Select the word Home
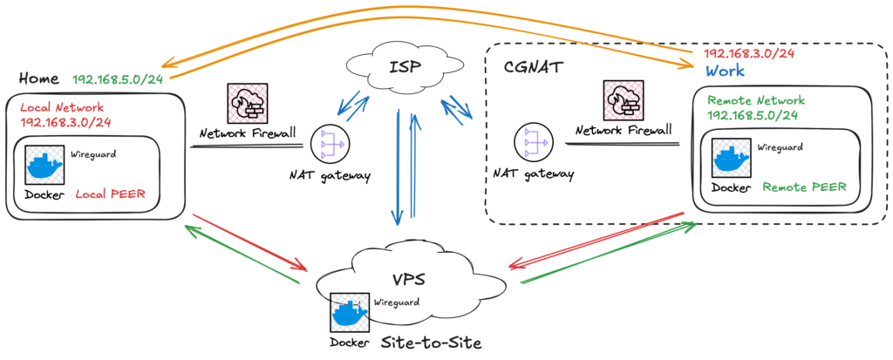(x=40, y=78)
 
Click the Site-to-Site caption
(x=431, y=343)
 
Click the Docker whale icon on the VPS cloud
(x=350, y=310)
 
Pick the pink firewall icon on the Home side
(x=246, y=103)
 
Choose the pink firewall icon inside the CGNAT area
(x=624, y=101)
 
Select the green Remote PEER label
(x=805, y=187)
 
